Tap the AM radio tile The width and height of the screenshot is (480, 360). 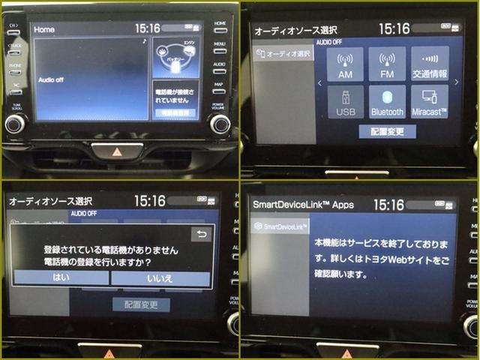[345, 64]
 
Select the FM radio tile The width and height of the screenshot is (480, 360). [387, 64]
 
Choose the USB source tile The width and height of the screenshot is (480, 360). [345, 102]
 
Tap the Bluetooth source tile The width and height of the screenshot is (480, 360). [387, 102]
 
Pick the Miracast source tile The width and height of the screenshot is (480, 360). [430, 102]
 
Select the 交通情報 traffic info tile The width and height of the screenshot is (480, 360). [430, 64]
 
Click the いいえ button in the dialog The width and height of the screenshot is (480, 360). [160, 277]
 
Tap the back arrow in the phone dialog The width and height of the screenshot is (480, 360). [200, 233]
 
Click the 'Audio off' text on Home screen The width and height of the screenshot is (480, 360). [52, 79]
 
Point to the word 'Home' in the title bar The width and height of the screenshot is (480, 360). [45, 28]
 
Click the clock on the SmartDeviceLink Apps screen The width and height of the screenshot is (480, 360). [388, 204]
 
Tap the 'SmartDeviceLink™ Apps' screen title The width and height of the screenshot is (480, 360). [303, 204]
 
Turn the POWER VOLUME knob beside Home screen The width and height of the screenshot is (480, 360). [219, 124]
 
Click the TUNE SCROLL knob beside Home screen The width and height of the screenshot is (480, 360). [14, 124]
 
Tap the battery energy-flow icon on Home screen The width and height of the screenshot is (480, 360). [175, 56]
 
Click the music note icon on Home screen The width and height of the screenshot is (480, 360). [144, 42]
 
